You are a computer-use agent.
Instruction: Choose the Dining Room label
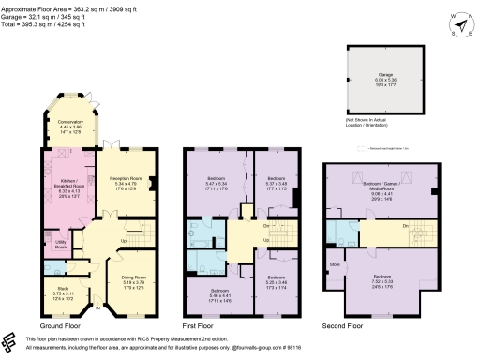coord(134,281)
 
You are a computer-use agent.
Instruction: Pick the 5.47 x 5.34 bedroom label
coord(217,182)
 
